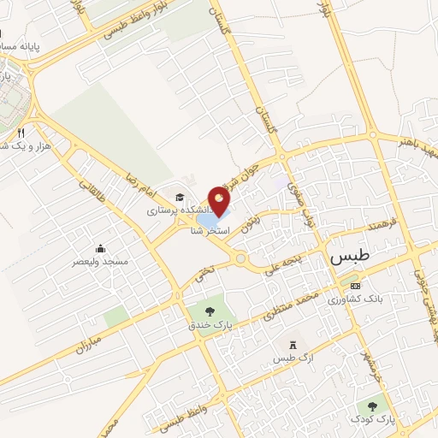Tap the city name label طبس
pyautogui.click(x=347, y=257)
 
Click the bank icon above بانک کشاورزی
pyautogui.click(x=356, y=285)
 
